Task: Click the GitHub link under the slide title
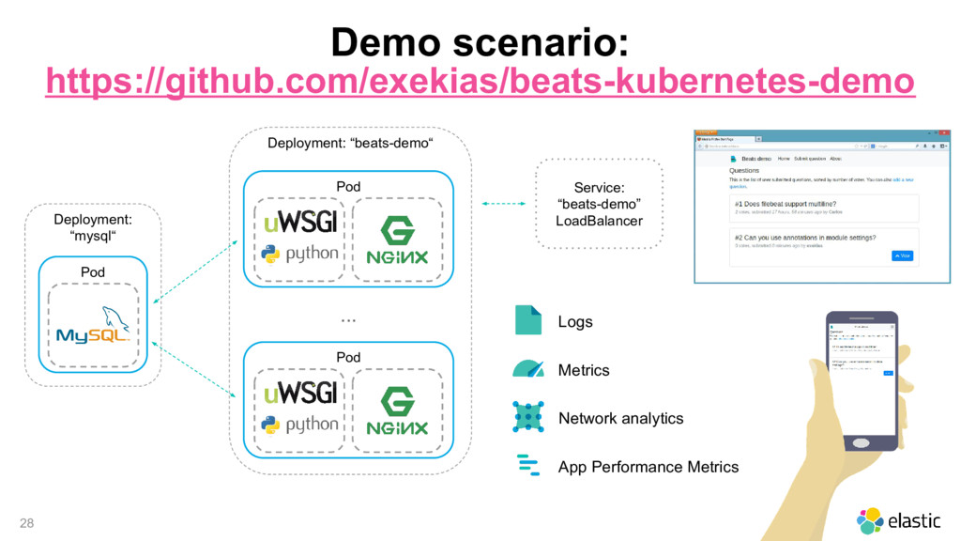click(x=480, y=82)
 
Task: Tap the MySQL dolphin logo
click(x=93, y=325)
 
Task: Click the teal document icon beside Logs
click(x=528, y=320)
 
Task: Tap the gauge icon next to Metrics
click(x=528, y=368)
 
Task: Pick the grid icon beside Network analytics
click(x=528, y=417)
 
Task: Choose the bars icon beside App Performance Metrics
click(x=528, y=466)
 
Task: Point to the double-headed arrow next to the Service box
click(x=502, y=203)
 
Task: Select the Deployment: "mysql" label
click(x=92, y=226)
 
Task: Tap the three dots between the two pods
click(x=348, y=319)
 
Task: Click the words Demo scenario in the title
click(x=480, y=41)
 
